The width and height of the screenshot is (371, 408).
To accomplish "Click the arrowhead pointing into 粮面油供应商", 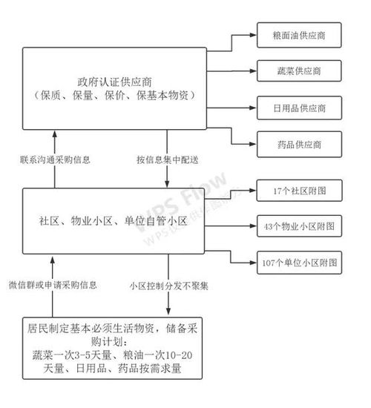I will pyautogui.click(x=252, y=35).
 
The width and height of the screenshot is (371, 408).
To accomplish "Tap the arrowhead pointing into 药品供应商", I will pyautogui.click(x=252, y=142).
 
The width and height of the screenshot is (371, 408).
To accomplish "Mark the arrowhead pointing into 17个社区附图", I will pyautogui.click(x=252, y=191).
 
